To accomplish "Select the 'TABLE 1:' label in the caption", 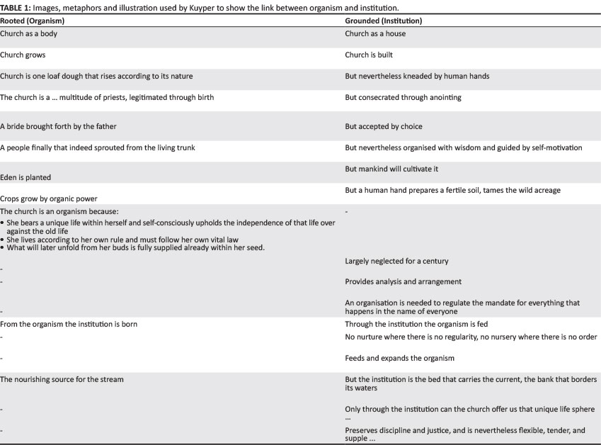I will pyautogui.click(x=16, y=7).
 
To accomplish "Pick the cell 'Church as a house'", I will pyautogui.click(x=375, y=33).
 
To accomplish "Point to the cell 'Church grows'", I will pyautogui.click(x=23, y=55).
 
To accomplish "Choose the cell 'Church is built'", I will pyautogui.click(x=369, y=55).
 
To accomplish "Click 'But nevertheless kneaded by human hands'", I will pyautogui.click(x=417, y=76).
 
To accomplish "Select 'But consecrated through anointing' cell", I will pyautogui.click(x=403, y=97).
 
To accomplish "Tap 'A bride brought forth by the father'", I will pyautogui.click(x=58, y=126).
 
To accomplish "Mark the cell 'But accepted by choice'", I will pyautogui.click(x=383, y=126).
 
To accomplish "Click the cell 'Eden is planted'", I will pyautogui.click(x=25, y=177).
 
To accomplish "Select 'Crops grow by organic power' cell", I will pyautogui.click(x=49, y=198).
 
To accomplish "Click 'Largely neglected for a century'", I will pyautogui.click(x=396, y=261).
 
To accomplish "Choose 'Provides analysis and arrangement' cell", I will pyautogui.click(x=403, y=281).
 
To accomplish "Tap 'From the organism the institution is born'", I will pyautogui.click(x=69, y=324).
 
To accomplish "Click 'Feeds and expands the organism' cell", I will pyautogui.click(x=399, y=358).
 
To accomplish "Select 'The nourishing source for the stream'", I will pyautogui.click(x=62, y=379).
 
